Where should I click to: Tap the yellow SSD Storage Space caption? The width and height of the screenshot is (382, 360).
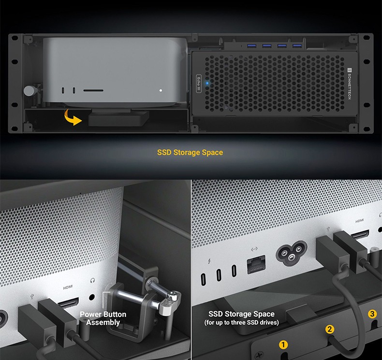coord(190,152)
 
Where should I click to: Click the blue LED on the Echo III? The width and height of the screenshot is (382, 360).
coord(207,83)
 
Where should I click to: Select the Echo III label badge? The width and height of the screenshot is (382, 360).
coord(199,84)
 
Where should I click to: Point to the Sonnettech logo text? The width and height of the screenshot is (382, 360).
coord(349,84)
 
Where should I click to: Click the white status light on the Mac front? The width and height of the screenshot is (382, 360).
coord(161,90)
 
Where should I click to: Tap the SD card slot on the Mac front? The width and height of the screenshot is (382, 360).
coord(93,90)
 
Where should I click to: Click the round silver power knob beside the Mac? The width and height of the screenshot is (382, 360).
coord(29,90)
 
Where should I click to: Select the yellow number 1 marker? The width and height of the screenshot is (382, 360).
coord(283,345)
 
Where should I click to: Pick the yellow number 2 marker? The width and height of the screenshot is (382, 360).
coord(330,330)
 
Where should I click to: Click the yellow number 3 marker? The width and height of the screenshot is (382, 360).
coord(372,314)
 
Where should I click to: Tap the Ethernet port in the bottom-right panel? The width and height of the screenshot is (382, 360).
coord(256,264)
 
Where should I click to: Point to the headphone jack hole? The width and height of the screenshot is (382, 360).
coord(92,297)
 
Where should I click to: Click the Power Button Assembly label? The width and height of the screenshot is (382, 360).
coord(103,318)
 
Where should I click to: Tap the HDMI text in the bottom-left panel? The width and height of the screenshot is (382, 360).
coord(68,288)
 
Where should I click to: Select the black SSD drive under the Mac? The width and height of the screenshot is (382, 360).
coord(118,118)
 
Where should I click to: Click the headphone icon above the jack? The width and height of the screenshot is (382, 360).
coord(92,281)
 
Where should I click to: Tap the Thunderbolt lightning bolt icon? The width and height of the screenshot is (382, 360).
coord(209,261)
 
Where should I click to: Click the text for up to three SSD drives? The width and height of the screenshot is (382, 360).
coord(241,322)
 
